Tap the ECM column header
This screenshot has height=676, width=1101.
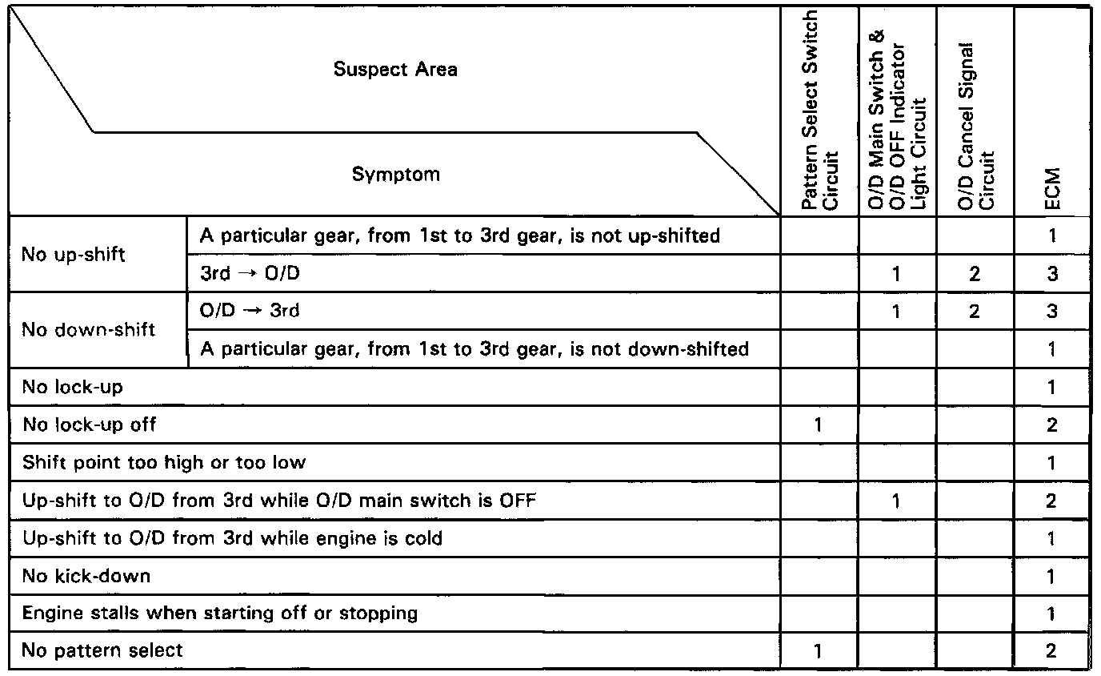(1051, 187)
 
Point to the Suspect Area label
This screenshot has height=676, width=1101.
(395, 70)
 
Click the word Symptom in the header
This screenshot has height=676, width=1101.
(395, 175)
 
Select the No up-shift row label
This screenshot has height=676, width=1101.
(74, 255)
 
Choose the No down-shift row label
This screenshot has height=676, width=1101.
(88, 330)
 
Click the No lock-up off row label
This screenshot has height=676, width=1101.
(89, 425)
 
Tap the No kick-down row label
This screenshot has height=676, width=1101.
(86, 576)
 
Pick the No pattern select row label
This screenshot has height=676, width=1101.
(102, 650)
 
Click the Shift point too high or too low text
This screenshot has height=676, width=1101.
(164, 462)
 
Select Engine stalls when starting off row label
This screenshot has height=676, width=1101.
(219, 614)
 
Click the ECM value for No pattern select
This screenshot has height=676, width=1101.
(1051, 651)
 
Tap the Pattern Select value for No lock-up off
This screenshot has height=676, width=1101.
(818, 425)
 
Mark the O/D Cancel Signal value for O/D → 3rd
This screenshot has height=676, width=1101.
(974, 312)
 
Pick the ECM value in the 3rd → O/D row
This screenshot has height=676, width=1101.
(1051, 274)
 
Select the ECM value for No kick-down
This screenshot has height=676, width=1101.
(1051, 577)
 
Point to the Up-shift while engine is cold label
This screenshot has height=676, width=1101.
(232, 538)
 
